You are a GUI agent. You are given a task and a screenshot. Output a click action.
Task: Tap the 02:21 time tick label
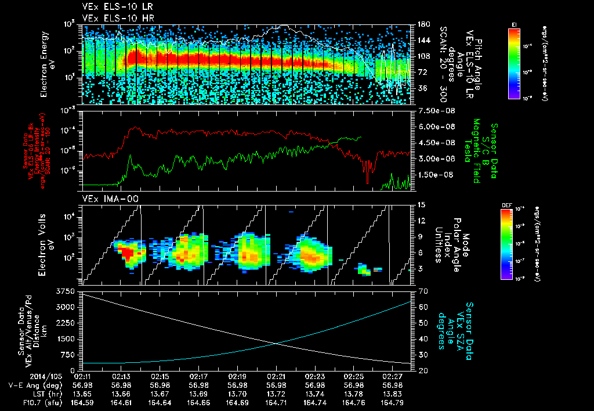coord(276,376)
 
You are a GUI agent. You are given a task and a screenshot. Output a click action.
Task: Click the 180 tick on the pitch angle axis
coord(423,24)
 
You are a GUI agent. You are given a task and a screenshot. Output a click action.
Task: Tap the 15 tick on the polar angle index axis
coord(421,205)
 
